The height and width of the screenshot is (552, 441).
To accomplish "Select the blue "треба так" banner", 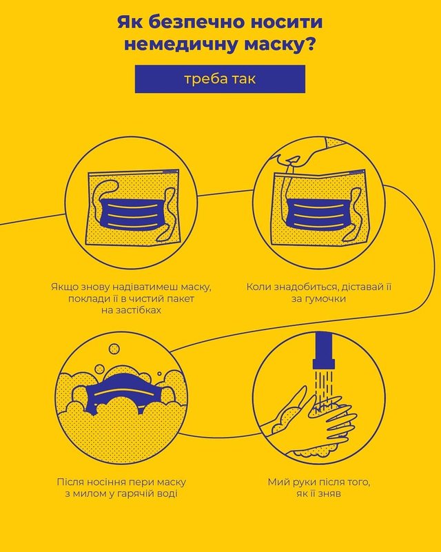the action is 220,79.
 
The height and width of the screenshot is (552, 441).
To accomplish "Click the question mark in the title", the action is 309,44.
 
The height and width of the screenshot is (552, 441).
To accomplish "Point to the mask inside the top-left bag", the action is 136,214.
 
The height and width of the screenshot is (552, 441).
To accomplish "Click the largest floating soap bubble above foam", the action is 114,349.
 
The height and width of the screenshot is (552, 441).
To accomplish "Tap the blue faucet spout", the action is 324,350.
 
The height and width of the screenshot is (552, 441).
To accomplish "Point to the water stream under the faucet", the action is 324,385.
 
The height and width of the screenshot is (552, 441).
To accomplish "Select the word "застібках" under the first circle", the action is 131,310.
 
